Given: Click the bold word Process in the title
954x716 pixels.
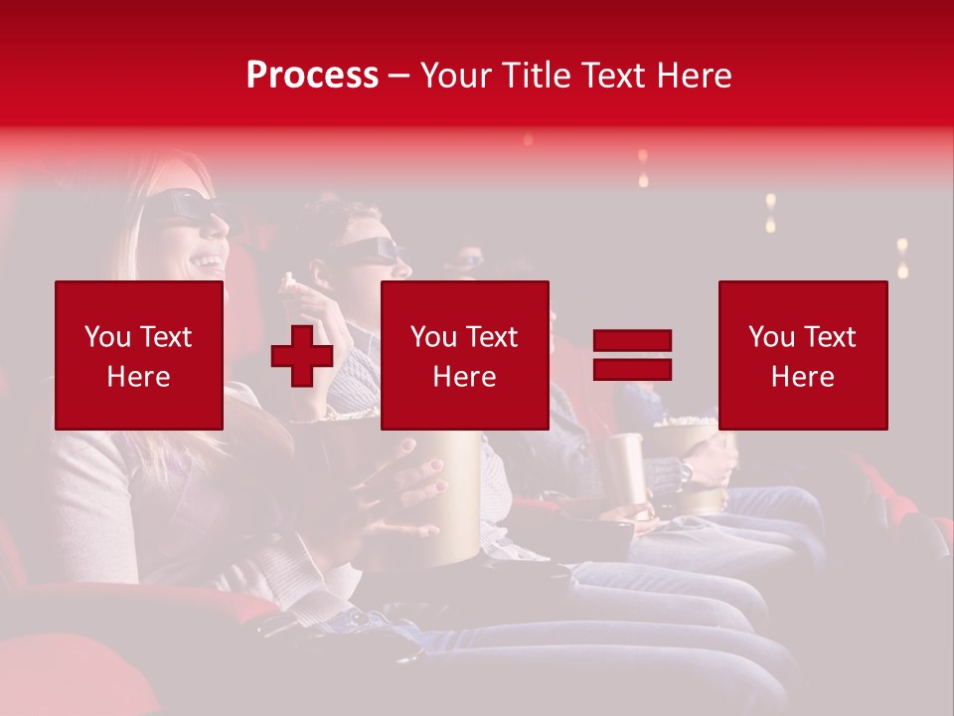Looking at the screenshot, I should [x=312, y=76].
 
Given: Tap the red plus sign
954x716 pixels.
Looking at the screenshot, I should [x=301, y=356].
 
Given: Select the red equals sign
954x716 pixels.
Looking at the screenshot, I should [x=632, y=355].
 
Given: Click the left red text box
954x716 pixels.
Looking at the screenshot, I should [x=139, y=355].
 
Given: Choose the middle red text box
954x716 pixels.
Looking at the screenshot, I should [x=465, y=355].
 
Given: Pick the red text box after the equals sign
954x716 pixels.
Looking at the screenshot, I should [x=803, y=355].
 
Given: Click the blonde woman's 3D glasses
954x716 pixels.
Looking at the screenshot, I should [x=185, y=207].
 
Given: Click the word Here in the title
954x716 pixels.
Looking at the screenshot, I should [x=694, y=76].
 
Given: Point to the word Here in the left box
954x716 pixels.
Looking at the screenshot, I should [x=139, y=377].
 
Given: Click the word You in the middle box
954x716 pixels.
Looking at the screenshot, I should [x=432, y=337].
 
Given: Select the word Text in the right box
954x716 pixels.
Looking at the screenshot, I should [x=830, y=337].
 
